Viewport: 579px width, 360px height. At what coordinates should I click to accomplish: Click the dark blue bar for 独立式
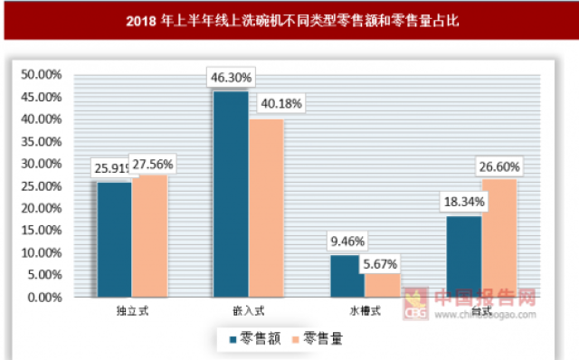pyautogui.click(x=114, y=240)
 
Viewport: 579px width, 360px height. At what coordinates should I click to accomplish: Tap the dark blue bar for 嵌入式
pyautogui.click(x=231, y=194)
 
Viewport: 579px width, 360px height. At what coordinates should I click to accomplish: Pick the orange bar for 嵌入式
pyautogui.click(x=266, y=208)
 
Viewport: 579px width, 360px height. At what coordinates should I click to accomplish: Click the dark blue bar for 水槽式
pyautogui.click(x=347, y=276)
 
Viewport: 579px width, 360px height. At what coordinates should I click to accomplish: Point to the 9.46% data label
pyautogui.click(x=346, y=242)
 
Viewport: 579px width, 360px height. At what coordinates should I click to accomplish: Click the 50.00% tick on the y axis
pyautogui.click(x=42, y=74)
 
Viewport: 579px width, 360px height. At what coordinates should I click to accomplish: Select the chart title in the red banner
pyautogui.click(x=289, y=19)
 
